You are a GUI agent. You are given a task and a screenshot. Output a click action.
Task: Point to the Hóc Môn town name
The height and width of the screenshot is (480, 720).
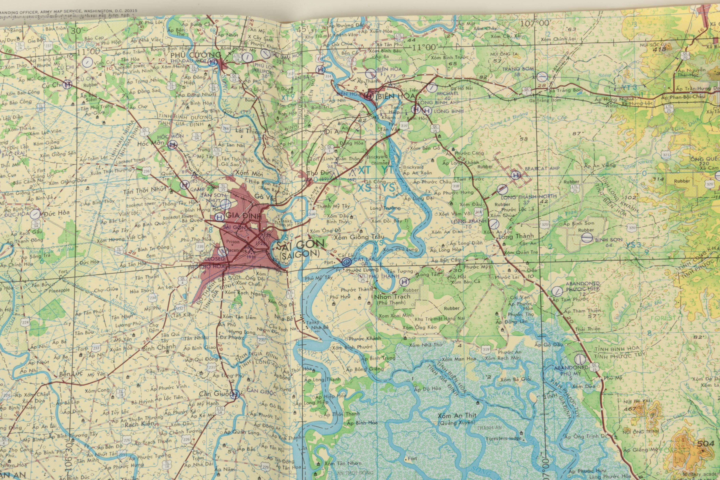coord(147,143)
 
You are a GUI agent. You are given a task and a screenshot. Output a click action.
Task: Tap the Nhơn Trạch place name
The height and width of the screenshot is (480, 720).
coord(392,297)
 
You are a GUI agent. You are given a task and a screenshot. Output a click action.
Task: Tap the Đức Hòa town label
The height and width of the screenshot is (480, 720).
coord(56,212)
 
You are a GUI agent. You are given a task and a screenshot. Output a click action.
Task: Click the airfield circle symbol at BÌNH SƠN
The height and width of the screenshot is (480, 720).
coord(587,238)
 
